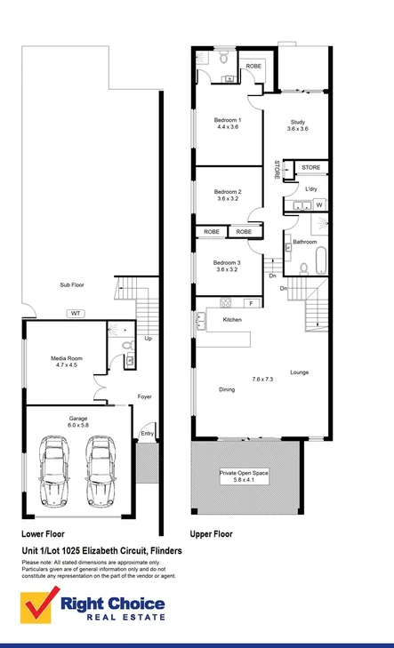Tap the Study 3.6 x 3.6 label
point(296,125)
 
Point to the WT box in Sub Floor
point(76,313)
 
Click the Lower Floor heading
point(42,534)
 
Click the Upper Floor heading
point(211,534)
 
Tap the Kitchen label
point(232,319)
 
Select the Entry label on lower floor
point(147,434)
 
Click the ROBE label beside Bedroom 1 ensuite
point(253,66)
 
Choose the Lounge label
point(299,372)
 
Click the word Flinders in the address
point(165,551)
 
